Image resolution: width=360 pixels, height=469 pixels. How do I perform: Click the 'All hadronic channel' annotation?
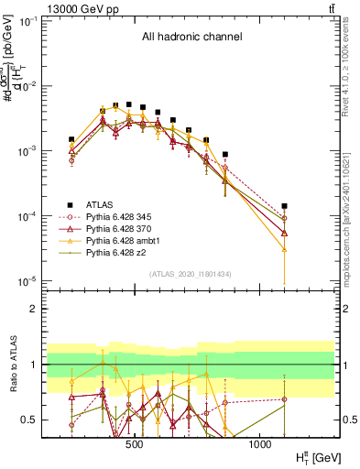click(191, 38)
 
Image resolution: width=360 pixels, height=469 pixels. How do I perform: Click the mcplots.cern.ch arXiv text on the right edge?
click(352, 211)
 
